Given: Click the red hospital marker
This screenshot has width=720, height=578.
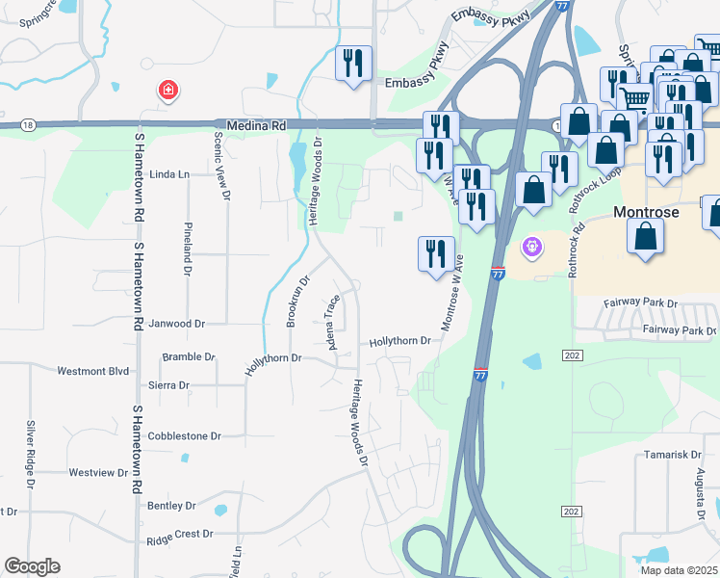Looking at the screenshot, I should tap(168, 92).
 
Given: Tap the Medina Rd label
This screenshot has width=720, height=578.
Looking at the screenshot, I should tap(257, 125).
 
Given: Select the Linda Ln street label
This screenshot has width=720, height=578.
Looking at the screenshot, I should tap(170, 174).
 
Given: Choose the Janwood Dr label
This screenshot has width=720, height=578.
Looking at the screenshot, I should tap(177, 325).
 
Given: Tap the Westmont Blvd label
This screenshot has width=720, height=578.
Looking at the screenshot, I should tap(93, 371).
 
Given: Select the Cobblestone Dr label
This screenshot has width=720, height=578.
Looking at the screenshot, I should tap(185, 435).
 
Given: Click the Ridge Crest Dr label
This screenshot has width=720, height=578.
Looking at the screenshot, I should tap(179, 533).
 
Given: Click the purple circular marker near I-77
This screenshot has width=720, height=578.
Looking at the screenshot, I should tap(530, 250).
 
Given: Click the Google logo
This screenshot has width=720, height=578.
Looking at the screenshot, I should tap(32, 566).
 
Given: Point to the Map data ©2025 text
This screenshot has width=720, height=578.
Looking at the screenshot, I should tap(678, 570).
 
